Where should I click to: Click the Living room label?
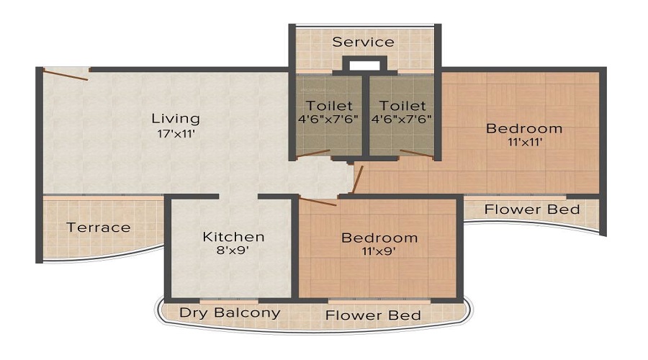pyautogui.click(x=175, y=118)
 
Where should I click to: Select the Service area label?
pyautogui.click(x=363, y=42)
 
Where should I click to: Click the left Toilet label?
pyautogui.click(x=329, y=105)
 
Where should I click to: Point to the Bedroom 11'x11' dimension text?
pyautogui.click(x=523, y=143)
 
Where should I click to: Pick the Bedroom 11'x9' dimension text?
pyautogui.click(x=379, y=252)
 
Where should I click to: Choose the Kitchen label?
pyautogui.click(x=233, y=236)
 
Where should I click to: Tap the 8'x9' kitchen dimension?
pyautogui.click(x=233, y=251)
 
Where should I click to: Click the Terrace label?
pyautogui.click(x=99, y=228)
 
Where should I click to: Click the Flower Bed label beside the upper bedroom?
pyautogui.click(x=531, y=210)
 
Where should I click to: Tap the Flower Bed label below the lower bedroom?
pyautogui.click(x=372, y=315)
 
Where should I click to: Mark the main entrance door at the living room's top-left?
pyautogui.click(x=66, y=73)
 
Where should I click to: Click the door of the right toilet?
pyautogui.click(x=416, y=153)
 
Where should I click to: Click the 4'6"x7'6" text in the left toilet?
pyautogui.click(x=329, y=119)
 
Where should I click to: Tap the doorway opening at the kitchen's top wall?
pyautogui.click(x=238, y=196)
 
